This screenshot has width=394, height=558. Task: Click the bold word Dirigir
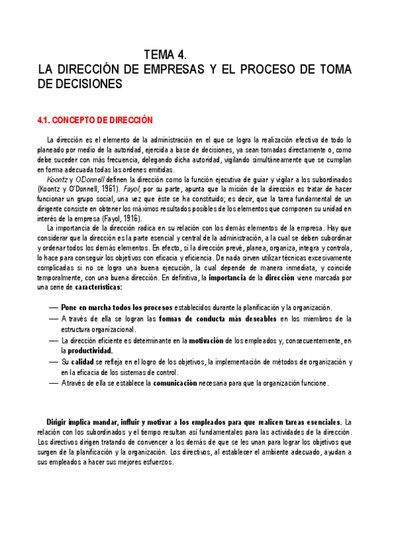tap(60, 421)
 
